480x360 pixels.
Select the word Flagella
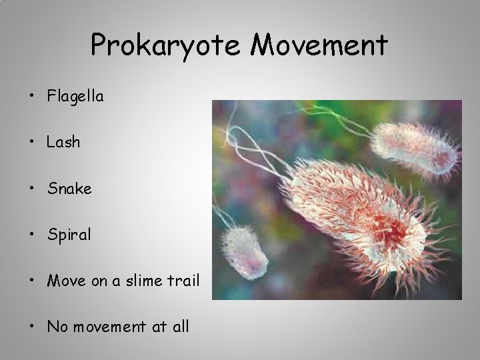[x=75, y=97]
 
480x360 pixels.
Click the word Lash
[x=63, y=143]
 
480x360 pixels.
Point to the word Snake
[x=69, y=189]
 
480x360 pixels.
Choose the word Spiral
[x=69, y=235]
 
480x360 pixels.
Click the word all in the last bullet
[x=179, y=327]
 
